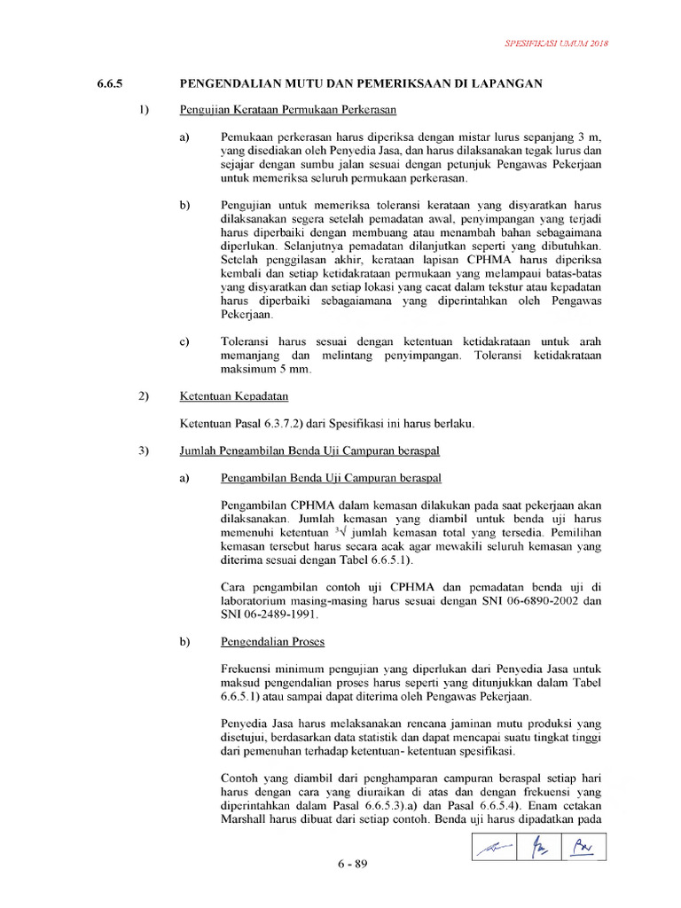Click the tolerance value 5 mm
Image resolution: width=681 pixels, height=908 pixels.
(290, 369)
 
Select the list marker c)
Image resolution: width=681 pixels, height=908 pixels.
(185, 341)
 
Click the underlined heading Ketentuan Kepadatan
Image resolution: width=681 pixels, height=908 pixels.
(233, 396)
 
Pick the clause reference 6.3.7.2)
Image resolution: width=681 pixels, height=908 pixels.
(282, 424)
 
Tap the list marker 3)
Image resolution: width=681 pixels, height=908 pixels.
(145, 450)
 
